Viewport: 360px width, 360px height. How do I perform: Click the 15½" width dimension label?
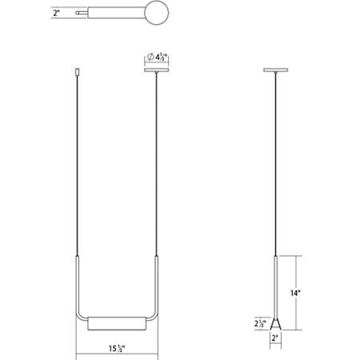[x=117, y=348]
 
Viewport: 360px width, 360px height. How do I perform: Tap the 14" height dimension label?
[x=295, y=293]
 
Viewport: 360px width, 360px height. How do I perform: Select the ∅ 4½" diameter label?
[x=157, y=57]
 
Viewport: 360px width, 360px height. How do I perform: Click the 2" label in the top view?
[x=56, y=13]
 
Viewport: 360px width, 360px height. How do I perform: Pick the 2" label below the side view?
[x=275, y=338]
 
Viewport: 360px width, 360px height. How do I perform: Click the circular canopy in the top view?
[x=158, y=13]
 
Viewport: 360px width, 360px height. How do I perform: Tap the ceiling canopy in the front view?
[x=157, y=70]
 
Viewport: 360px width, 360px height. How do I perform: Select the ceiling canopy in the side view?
[x=275, y=70]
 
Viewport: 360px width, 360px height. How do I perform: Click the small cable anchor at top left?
[x=78, y=72]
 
